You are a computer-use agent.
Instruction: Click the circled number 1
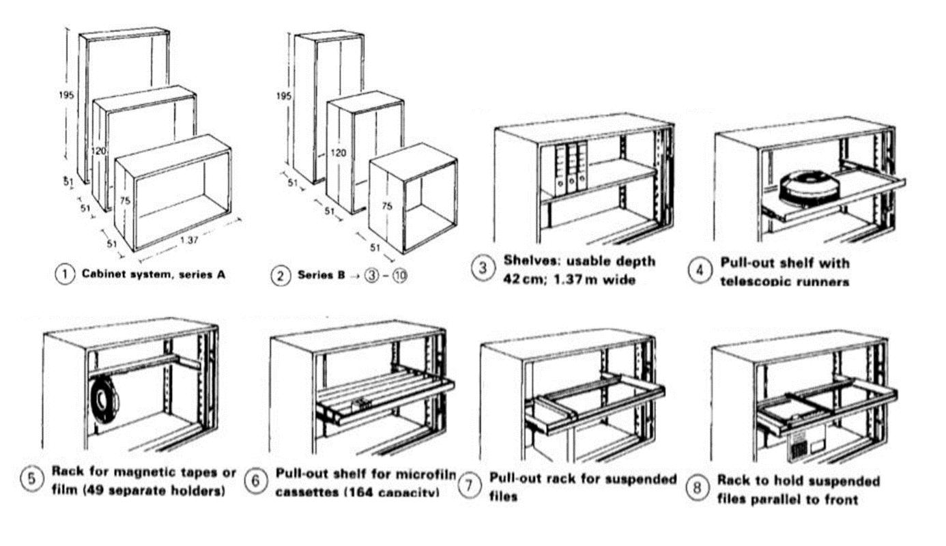tap(65, 275)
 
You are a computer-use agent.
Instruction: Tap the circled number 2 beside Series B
tap(281, 276)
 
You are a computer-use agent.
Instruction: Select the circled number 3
tap(483, 269)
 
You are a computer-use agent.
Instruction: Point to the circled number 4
tap(699, 271)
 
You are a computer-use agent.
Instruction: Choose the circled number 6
tap(256, 481)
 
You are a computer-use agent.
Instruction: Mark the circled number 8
tap(698, 489)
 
